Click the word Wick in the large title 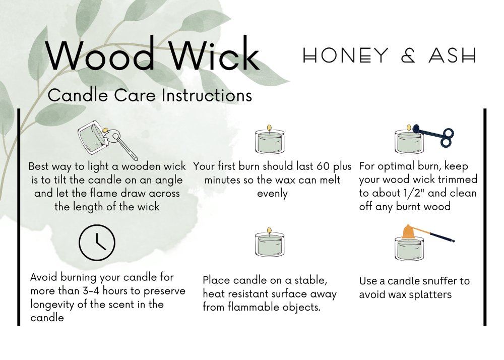[x=214, y=53]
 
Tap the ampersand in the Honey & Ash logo [x=408, y=55]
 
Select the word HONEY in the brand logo [x=346, y=55]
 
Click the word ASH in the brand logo [x=452, y=55]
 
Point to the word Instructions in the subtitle [x=207, y=95]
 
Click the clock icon [x=97, y=243]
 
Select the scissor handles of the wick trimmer [x=447, y=137]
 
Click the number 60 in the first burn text [x=323, y=166]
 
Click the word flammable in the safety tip [x=254, y=307]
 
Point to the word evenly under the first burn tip [x=272, y=194]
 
